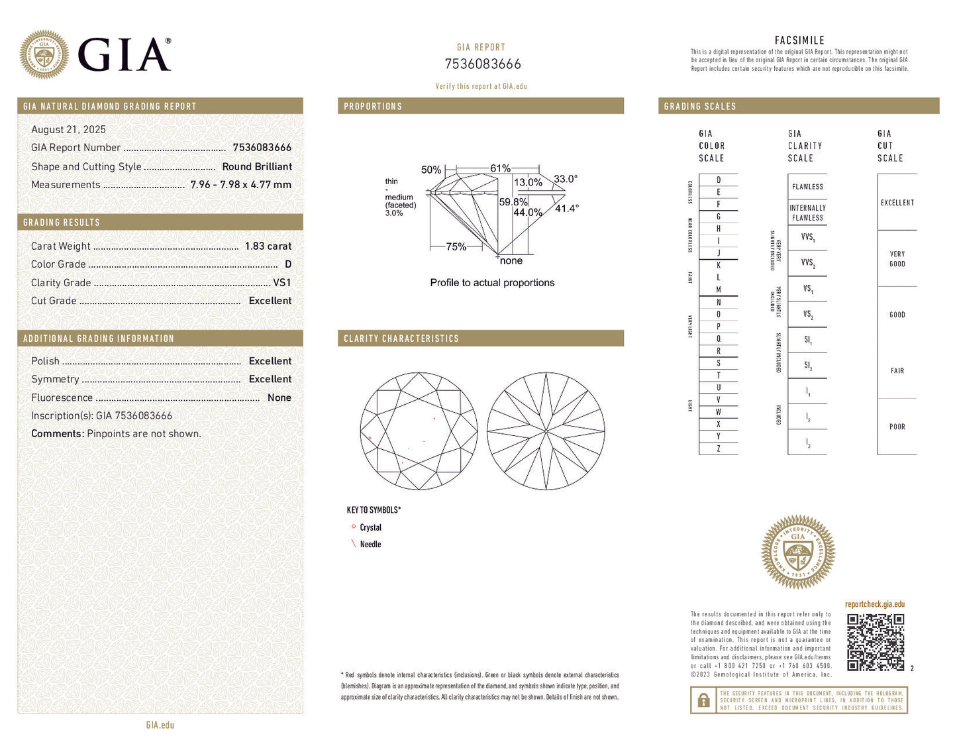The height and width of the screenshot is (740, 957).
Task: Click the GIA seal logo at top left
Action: (x=44, y=54)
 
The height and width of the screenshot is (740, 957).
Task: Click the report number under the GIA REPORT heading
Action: (x=482, y=64)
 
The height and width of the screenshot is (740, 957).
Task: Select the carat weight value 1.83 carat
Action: (x=268, y=246)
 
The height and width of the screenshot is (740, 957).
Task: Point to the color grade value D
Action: (x=287, y=264)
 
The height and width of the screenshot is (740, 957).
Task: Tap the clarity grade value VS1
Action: (x=281, y=282)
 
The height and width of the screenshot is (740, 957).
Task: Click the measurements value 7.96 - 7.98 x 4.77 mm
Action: (x=240, y=185)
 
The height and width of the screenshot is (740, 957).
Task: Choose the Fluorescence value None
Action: (x=279, y=397)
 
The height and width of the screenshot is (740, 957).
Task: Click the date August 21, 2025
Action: (x=68, y=130)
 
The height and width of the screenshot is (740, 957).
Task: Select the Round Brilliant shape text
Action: (x=256, y=167)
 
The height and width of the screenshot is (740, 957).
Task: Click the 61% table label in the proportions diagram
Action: (x=500, y=168)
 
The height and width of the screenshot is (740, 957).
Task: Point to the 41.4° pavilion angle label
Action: (x=566, y=208)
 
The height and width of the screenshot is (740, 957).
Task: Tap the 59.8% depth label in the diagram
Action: (x=513, y=202)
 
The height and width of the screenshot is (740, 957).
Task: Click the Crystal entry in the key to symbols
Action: (x=370, y=527)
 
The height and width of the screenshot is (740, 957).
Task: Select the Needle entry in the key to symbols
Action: (x=370, y=545)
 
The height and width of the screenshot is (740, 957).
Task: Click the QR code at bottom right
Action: (x=875, y=642)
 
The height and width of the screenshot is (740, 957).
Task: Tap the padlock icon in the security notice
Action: (x=703, y=700)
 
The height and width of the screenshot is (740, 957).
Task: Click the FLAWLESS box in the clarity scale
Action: (x=807, y=187)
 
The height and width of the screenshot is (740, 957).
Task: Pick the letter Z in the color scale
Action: (x=719, y=449)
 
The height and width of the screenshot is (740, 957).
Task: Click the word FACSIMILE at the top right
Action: (x=799, y=40)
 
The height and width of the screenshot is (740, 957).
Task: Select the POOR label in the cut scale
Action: (x=897, y=427)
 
